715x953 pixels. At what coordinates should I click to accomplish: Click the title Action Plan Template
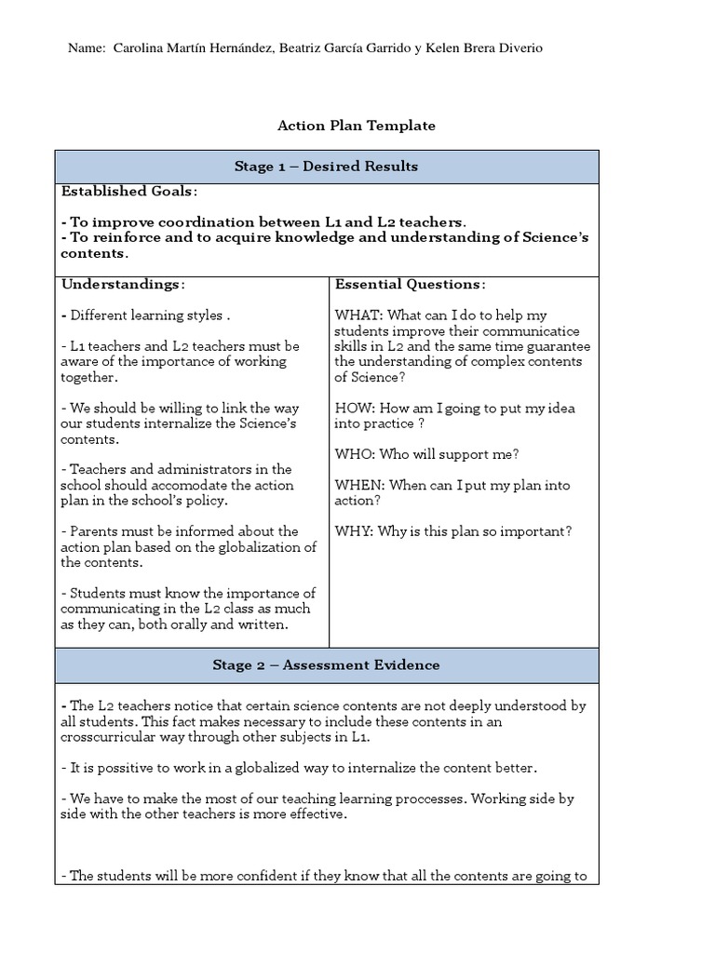click(357, 126)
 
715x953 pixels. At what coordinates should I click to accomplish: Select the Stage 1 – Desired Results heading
click(326, 167)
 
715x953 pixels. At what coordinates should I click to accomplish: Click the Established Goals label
click(128, 192)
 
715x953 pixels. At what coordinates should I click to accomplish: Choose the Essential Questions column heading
click(410, 284)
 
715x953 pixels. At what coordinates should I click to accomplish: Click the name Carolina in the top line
click(141, 48)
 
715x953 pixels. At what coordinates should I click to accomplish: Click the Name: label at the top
click(88, 48)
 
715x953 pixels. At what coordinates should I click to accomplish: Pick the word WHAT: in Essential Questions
click(355, 315)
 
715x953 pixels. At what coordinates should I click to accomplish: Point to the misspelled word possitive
click(115, 768)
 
